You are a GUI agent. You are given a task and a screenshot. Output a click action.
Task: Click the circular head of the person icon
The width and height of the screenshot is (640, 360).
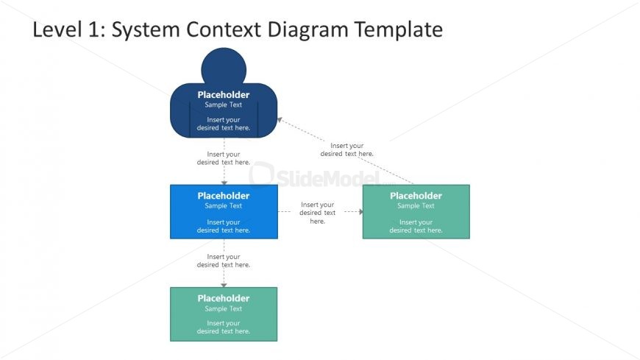point(224,66)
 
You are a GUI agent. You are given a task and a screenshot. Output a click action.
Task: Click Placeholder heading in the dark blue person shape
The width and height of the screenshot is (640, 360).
point(224,94)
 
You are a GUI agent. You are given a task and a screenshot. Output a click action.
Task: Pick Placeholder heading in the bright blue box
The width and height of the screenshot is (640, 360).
point(224,196)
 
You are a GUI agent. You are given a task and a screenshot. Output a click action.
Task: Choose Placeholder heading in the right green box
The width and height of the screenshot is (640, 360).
point(416,196)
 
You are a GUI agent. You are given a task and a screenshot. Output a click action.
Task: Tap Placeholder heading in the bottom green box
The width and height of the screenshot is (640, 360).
point(224,298)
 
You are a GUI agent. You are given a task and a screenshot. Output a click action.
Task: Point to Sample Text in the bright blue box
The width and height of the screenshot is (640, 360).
point(224,206)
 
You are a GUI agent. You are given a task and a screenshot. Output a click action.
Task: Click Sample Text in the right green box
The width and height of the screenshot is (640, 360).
point(416,206)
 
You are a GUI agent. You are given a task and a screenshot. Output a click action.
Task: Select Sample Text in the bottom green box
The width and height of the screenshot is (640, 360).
point(224,308)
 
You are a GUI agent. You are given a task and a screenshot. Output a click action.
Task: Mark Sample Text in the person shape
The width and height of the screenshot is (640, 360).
point(224,105)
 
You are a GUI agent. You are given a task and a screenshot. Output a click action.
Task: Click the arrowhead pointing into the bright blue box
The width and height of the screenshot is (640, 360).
point(224,181)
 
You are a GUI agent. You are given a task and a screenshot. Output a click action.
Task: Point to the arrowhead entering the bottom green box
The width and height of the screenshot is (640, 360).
point(224,283)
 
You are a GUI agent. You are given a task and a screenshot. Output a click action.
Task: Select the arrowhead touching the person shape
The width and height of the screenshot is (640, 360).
point(280,120)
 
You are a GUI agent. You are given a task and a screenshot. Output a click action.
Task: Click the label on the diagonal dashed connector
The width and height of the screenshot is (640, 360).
point(346,149)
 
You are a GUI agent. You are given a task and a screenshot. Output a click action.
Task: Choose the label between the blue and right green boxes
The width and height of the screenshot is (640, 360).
point(317,213)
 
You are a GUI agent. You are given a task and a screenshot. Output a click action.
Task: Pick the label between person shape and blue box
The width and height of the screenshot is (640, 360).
point(224,158)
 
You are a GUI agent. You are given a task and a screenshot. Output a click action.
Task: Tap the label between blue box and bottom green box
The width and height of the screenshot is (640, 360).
point(224,261)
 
